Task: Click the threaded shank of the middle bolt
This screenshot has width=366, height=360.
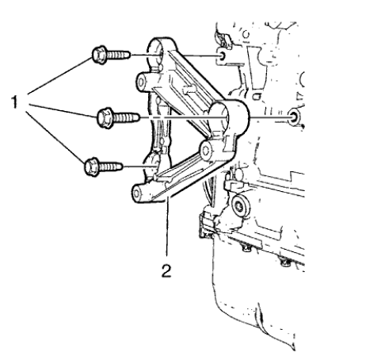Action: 128,119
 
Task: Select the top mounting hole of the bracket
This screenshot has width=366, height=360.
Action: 164,55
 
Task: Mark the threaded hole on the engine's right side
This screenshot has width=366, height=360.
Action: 295,118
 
